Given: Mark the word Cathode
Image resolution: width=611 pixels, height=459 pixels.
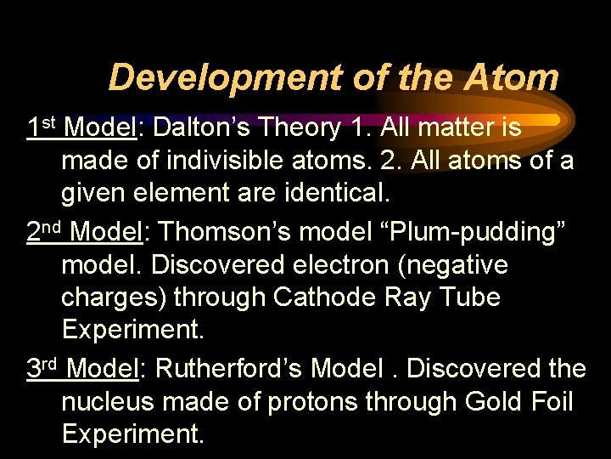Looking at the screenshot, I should tap(327, 298).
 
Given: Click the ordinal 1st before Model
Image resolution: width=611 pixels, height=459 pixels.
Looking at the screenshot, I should tap(41, 127).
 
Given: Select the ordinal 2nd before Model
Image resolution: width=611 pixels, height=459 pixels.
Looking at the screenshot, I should tap(45, 231).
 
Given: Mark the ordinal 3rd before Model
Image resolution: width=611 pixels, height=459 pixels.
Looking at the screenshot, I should tap(42, 368).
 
